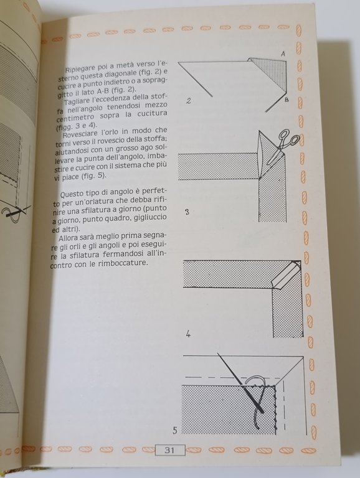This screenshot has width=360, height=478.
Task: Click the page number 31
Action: (x=169, y=450)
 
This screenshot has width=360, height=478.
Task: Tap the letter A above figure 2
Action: (x=283, y=54)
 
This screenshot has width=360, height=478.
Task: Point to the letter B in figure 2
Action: (x=286, y=100)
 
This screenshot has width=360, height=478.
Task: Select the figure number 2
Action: (x=189, y=101)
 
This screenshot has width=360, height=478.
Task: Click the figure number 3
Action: (x=187, y=212)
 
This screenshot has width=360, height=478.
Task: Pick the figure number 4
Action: (x=188, y=334)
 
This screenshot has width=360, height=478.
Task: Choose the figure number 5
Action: (x=175, y=431)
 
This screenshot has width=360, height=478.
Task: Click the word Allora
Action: (x=69, y=238)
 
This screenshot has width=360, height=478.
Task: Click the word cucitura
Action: (x=152, y=113)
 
